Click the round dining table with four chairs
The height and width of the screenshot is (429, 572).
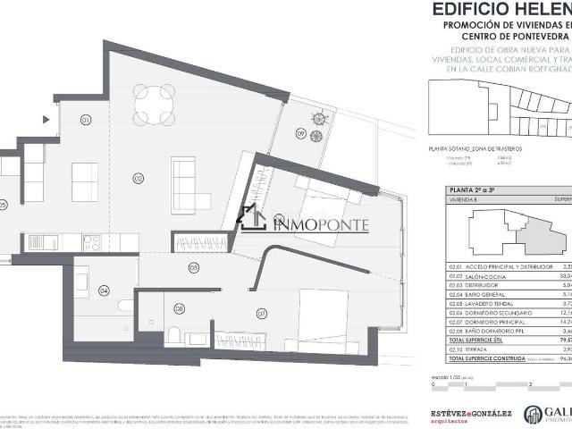154,105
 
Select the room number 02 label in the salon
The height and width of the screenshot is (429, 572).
139,178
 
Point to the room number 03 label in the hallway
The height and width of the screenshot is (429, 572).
192,267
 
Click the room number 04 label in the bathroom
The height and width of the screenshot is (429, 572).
104,290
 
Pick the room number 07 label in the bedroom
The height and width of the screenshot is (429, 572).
262,313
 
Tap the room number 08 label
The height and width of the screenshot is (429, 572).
180,309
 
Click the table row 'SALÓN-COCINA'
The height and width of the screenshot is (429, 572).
483,278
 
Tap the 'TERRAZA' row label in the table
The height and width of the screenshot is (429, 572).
473,350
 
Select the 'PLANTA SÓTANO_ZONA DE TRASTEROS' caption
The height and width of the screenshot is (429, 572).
473,148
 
